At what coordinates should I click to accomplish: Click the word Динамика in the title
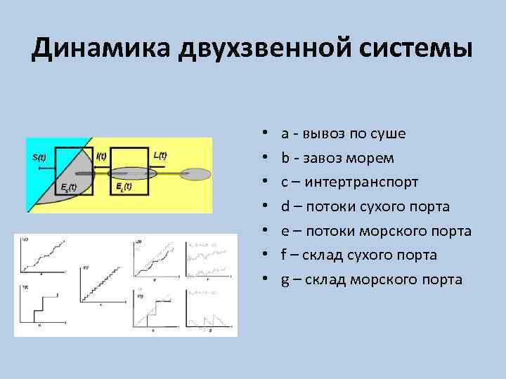tap(98, 51)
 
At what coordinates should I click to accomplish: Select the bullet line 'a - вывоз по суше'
tap(343, 133)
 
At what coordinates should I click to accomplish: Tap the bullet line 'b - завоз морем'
tap(337, 158)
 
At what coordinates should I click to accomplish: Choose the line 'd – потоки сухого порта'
tap(365, 207)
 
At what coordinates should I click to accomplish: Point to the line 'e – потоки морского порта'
tap(376, 232)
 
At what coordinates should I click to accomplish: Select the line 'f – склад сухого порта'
tap(358, 255)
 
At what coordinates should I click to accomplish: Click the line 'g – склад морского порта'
tap(371, 280)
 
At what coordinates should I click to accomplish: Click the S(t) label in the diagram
tap(39, 157)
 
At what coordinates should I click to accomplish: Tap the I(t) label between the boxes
tap(101, 156)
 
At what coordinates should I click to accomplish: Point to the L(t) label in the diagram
tap(160, 155)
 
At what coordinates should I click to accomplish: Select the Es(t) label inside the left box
tap(68, 187)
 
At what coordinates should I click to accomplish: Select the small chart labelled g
tap(208, 306)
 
